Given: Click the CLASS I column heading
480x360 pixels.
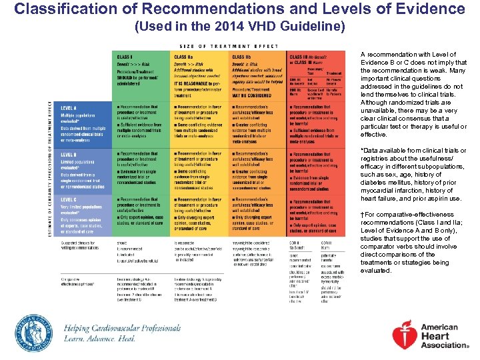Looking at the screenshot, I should [124, 57].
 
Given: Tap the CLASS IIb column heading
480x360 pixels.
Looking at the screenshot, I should [241, 57].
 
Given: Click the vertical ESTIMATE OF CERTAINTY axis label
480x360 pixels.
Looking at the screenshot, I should [50, 164].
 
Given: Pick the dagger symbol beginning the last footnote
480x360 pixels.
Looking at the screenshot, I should [363, 215].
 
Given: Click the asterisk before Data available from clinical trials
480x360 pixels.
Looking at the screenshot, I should [362, 151].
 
